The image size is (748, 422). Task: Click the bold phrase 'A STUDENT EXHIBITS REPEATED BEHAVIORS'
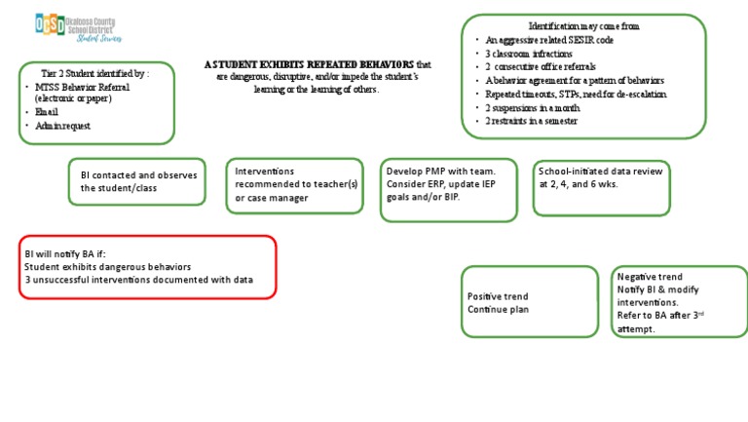tap(310, 64)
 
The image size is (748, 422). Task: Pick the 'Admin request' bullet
tap(63, 126)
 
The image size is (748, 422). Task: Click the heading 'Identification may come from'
tap(583, 25)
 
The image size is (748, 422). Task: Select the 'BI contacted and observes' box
tap(137, 181)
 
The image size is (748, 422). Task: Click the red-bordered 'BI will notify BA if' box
tap(147, 266)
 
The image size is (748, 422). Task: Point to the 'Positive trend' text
tap(498, 296)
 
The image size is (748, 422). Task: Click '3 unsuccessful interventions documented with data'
tap(138, 280)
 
